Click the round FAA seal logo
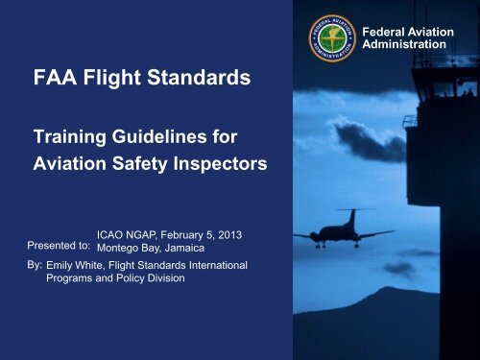[332, 38]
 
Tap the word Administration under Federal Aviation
[404, 44]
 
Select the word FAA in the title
[55, 78]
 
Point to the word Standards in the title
[199, 78]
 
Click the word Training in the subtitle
[69, 137]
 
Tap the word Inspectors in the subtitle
[220, 164]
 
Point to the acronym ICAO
[109, 235]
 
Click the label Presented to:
[59, 246]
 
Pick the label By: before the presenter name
[35, 265]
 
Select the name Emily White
[75, 265]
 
